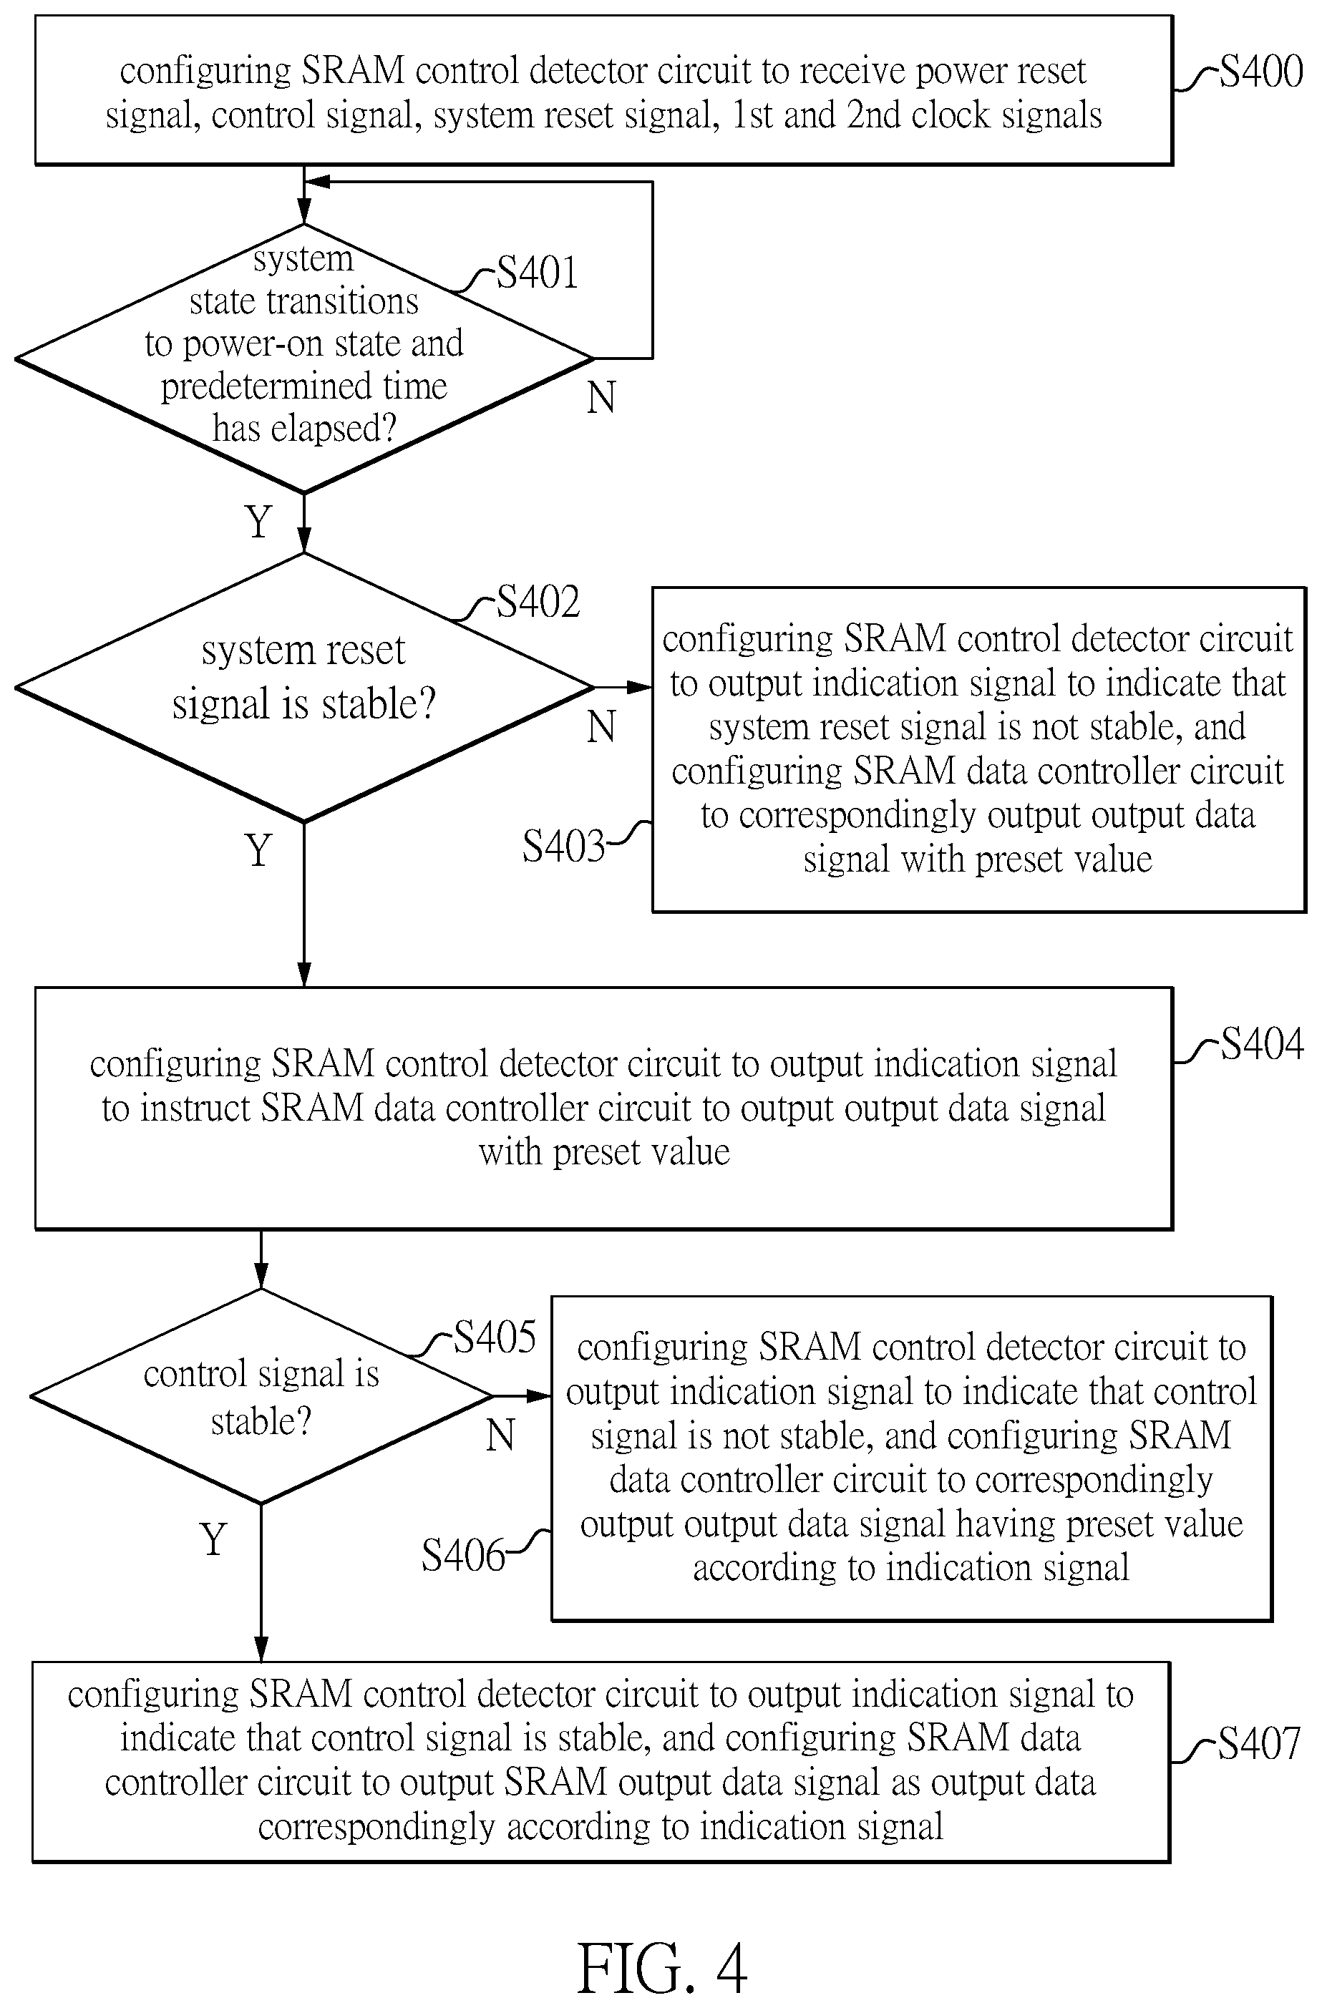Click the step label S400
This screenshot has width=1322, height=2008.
pos(1261,74)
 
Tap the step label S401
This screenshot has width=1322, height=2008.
pos(537,273)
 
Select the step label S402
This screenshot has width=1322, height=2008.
pos(538,603)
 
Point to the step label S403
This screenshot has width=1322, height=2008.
pos(563,847)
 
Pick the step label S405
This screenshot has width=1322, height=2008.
pos(495,1337)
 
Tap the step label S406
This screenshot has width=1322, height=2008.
pos(463,1555)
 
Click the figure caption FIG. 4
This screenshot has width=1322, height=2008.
pos(661,1967)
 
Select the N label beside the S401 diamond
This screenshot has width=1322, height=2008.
pos(601,397)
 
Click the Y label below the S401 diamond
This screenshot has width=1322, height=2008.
pos(259,522)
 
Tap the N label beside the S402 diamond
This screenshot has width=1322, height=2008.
pos(601,726)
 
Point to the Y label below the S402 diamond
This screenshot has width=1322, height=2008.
pos(259,850)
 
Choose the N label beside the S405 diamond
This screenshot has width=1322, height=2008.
pos(500,1434)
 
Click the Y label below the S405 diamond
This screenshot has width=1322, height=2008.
pos(214,1540)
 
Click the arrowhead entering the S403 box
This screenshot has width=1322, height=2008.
pos(643,688)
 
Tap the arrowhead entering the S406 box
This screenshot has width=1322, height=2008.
pos(541,1396)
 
